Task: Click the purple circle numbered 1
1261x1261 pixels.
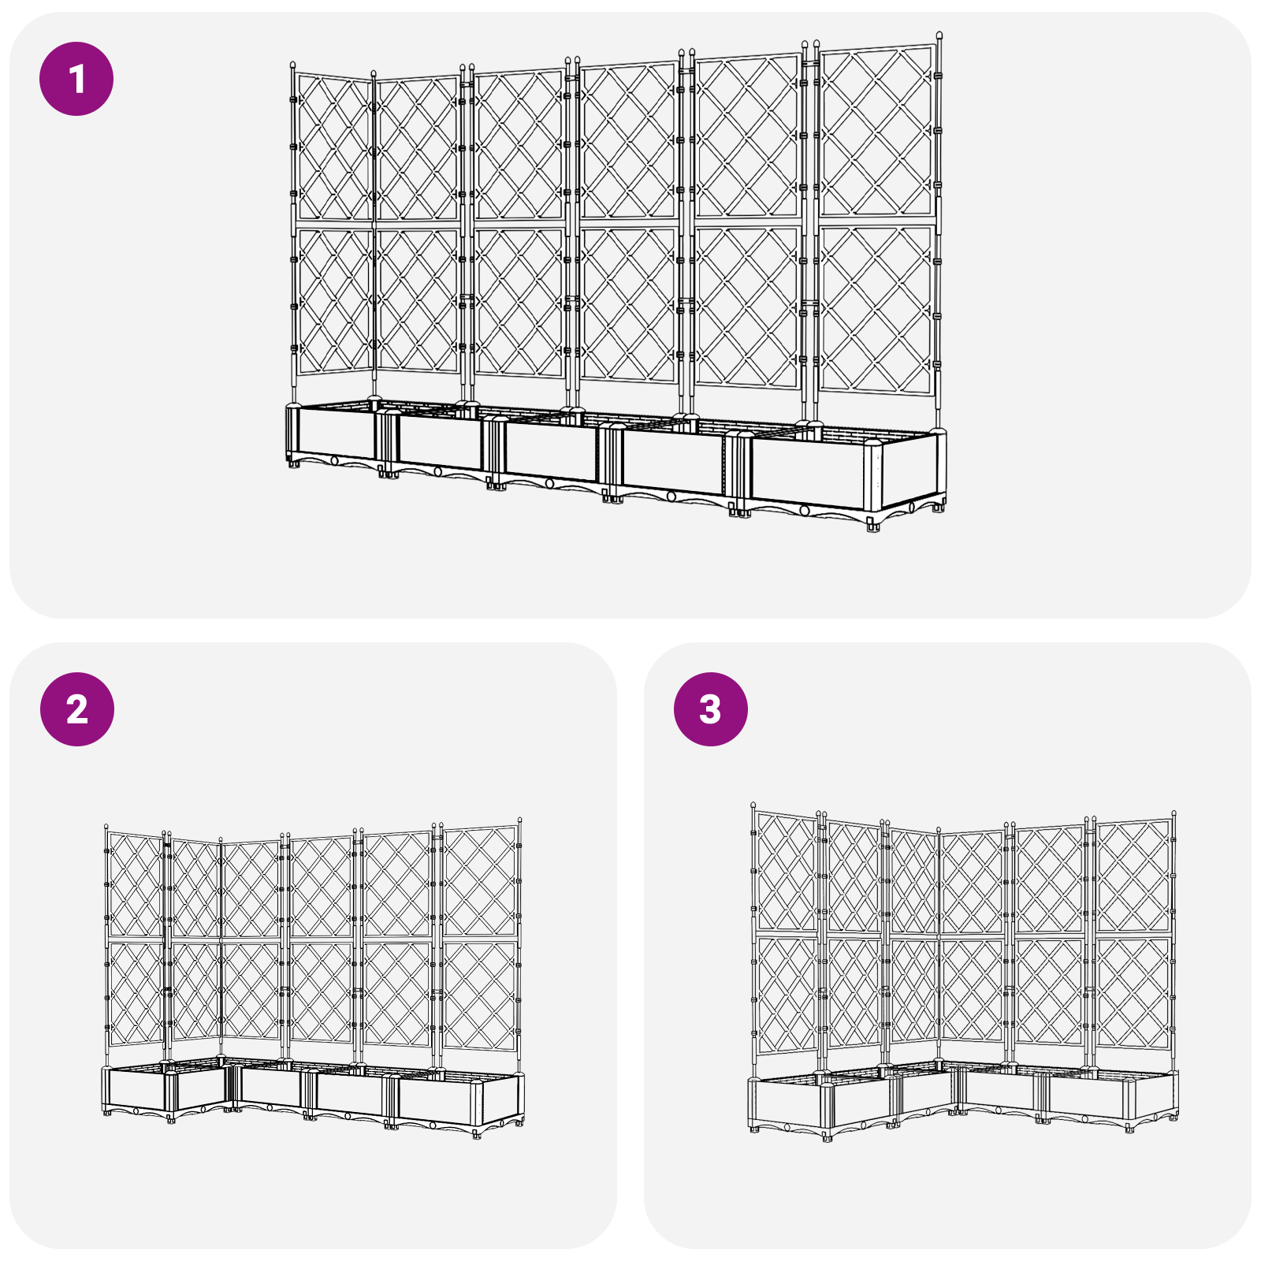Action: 76,79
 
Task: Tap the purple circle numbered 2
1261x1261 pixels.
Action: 76,709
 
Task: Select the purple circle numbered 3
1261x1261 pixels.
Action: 710,709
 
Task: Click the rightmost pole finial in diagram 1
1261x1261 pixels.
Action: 939,36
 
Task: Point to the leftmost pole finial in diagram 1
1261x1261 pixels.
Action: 293,66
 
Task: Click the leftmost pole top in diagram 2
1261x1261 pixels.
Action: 106,828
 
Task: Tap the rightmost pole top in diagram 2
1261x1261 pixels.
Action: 520,821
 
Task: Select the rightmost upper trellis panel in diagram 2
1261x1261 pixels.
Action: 479,881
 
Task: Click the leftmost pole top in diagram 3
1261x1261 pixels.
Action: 753,805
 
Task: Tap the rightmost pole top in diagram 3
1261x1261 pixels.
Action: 1174,813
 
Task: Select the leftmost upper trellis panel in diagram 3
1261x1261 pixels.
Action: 786,872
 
